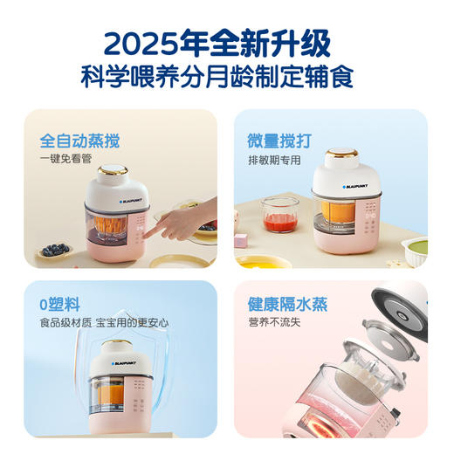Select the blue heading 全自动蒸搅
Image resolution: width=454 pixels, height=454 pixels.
pyautogui.click(x=79, y=140)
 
